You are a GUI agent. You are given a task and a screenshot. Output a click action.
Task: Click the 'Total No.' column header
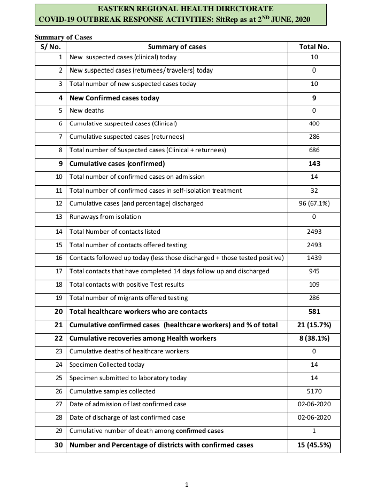pyautogui.click(x=314, y=46)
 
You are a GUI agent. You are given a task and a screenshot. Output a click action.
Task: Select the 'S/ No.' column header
pyautogui.click(x=50, y=46)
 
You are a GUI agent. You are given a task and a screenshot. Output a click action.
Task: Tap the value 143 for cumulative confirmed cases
pyautogui.click(x=314, y=164)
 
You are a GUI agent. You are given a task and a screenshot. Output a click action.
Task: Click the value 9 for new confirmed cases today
pyautogui.click(x=314, y=98)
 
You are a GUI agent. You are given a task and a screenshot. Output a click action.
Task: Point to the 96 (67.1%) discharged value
pyautogui.click(x=314, y=203)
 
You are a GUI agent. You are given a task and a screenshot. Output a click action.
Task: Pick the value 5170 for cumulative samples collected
pyautogui.click(x=314, y=391)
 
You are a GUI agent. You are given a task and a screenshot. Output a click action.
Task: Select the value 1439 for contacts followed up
pyautogui.click(x=314, y=258)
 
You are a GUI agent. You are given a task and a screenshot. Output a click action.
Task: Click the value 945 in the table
pyautogui.click(x=314, y=271)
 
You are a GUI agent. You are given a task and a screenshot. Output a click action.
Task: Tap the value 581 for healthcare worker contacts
pyautogui.click(x=314, y=311)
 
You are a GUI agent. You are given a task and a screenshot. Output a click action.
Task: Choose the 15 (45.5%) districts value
pyautogui.click(x=314, y=445)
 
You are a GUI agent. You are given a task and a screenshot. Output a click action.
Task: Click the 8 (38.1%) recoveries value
pyautogui.click(x=314, y=338)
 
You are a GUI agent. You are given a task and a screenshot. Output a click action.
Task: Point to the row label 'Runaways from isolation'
pyautogui.click(x=105, y=217)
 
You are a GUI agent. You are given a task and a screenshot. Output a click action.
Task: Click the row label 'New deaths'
pyautogui.click(x=87, y=111)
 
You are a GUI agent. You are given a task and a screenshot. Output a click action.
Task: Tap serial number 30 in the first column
pyautogui.click(x=59, y=445)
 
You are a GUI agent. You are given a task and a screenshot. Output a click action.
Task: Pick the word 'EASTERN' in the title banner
pyautogui.click(x=118, y=9)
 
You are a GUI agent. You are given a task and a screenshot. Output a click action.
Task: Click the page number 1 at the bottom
pyautogui.click(x=187, y=485)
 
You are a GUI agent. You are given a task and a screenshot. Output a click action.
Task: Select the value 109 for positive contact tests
pyautogui.click(x=314, y=285)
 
